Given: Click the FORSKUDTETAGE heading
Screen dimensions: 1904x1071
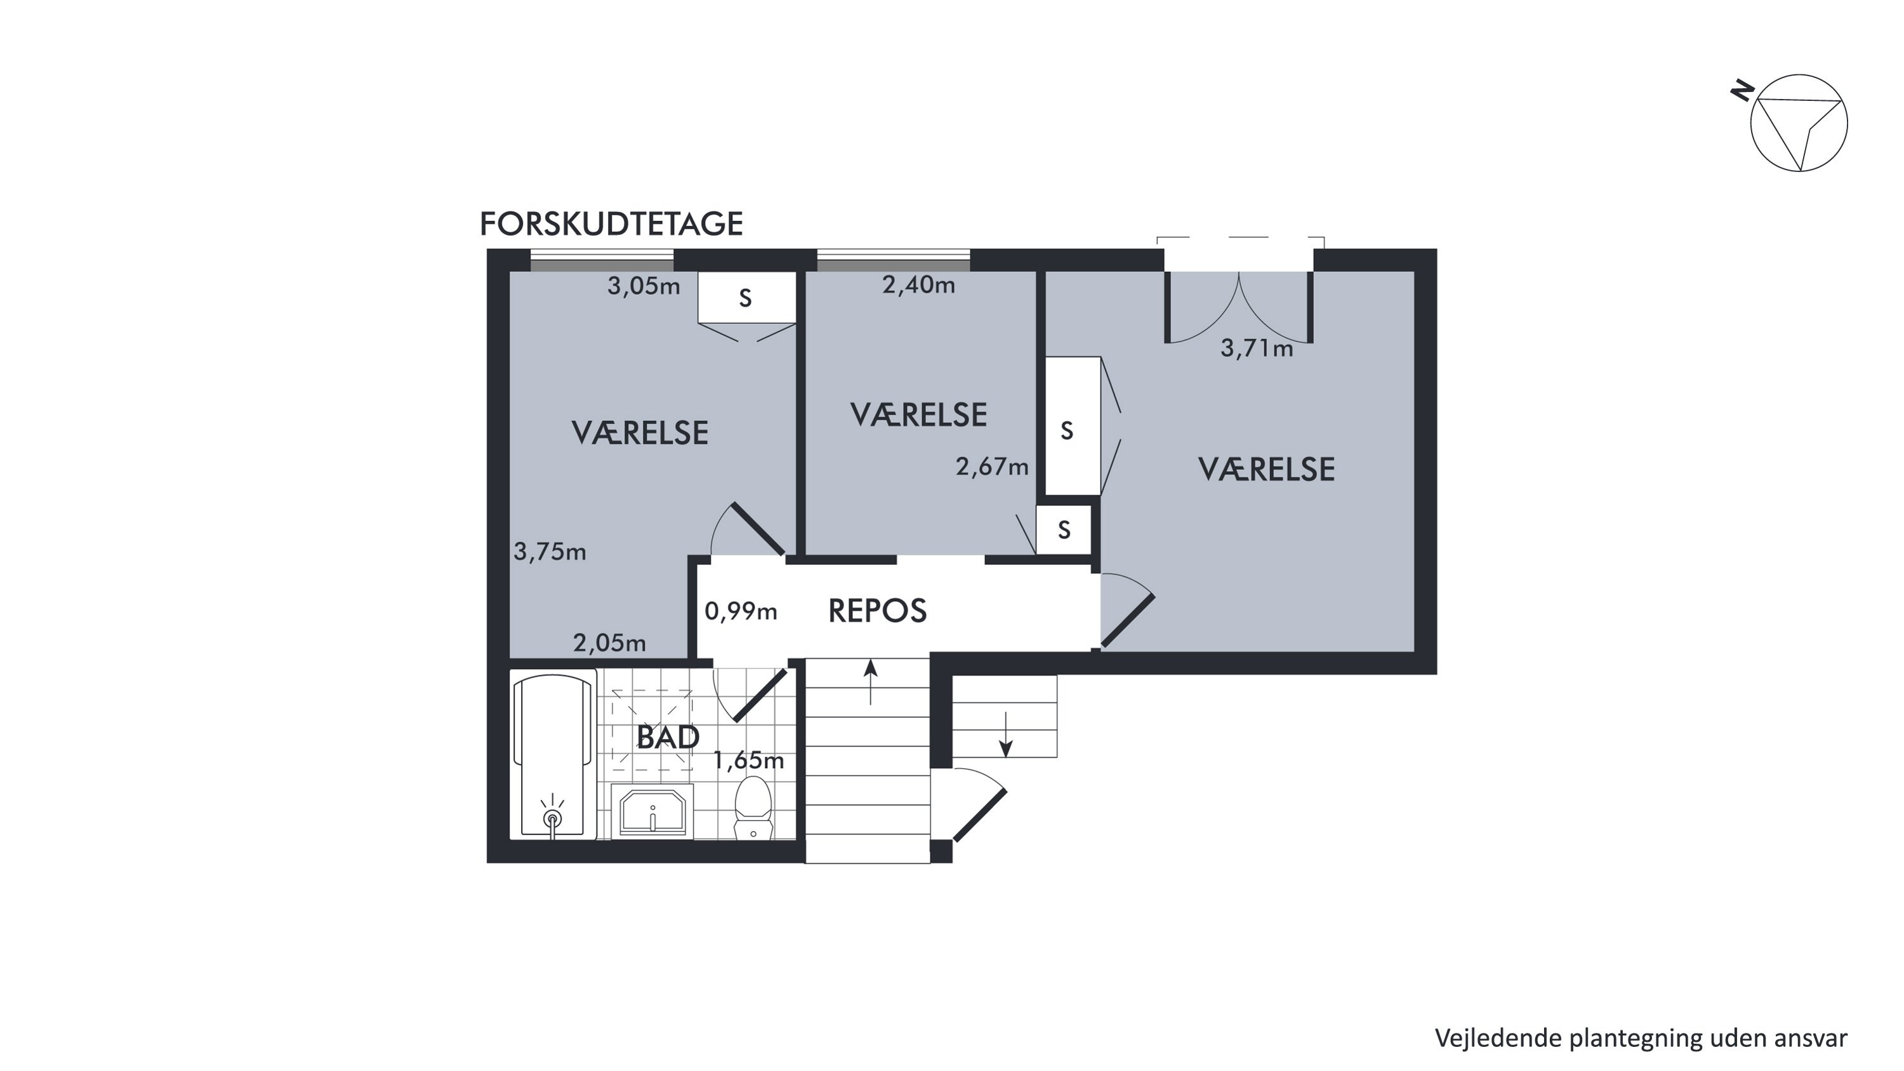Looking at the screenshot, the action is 611,224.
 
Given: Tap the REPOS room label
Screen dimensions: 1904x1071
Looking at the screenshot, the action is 877,611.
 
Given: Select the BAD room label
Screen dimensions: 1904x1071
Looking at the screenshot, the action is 668,738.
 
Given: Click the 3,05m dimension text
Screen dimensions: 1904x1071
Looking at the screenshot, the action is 644,286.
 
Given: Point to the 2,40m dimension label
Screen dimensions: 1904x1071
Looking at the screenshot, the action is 919,284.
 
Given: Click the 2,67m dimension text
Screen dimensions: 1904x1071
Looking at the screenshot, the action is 992,467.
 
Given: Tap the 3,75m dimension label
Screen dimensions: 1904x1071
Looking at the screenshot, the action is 550,552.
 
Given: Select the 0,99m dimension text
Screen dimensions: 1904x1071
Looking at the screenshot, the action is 741,611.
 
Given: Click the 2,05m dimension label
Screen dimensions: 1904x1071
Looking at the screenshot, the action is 610,643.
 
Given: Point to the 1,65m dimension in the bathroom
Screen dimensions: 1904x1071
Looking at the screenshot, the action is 748,761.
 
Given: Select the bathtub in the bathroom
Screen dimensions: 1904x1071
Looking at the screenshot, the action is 553,755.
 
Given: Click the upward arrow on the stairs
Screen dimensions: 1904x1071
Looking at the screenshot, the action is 871,681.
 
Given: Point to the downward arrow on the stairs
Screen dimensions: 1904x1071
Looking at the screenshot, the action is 1005,735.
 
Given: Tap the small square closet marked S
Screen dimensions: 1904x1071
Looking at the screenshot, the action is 1064,529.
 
